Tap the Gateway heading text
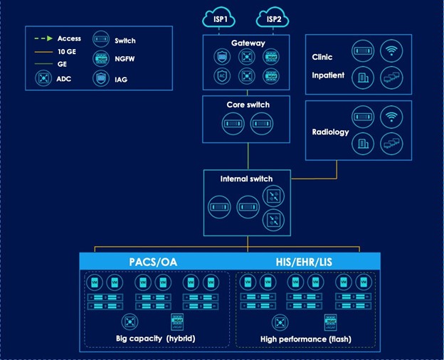pos(247,43)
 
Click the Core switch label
pos(248,105)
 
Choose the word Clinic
pos(322,57)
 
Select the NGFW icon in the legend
pos(102,58)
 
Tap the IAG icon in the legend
pos(102,78)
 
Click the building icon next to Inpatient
pos(362,78)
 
